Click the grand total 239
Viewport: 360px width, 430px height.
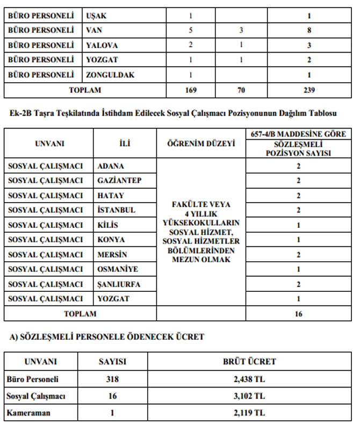coord(309,90)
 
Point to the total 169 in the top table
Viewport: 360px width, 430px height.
coord(191,90)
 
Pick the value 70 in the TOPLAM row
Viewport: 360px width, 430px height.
coord(241,90)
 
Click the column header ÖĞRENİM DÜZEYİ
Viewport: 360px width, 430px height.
coord(201,144)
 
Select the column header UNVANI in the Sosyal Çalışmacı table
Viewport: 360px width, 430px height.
coord(49,144)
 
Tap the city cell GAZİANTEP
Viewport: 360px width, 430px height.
coord(119,181)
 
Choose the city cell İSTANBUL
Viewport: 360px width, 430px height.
coord(116,210)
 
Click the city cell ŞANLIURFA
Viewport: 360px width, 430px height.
coord(119,284)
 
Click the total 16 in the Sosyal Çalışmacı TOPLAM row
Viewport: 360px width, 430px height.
coord(298,314)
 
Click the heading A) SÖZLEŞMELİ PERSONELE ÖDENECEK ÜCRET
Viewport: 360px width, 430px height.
coord(107,337)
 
